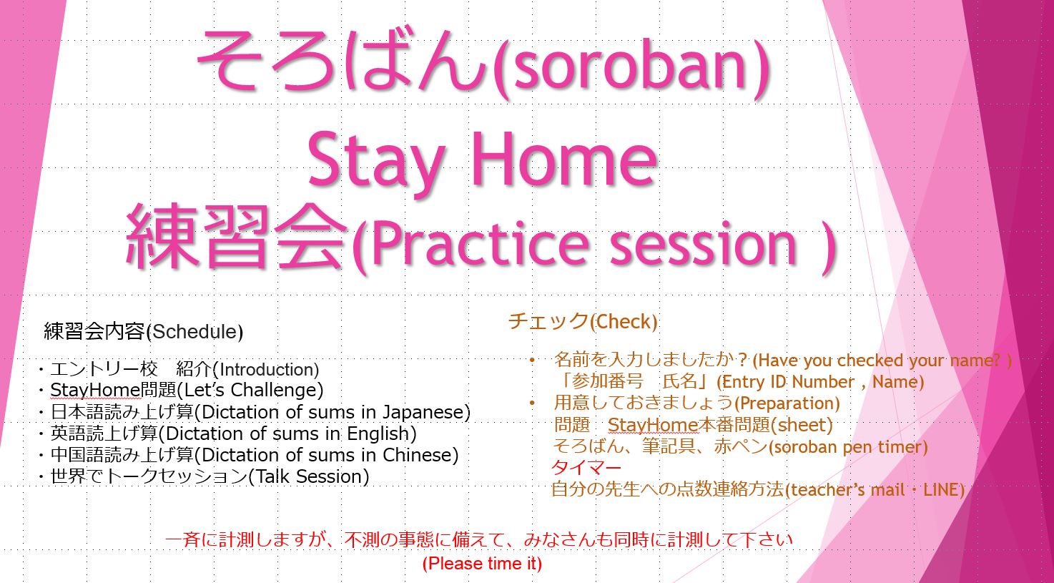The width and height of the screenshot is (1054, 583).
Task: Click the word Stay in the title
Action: click(x=376, y=162)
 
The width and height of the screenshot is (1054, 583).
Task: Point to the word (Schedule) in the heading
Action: click(x=194, y=332)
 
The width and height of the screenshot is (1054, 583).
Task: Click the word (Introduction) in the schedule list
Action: click(x=266, y=370)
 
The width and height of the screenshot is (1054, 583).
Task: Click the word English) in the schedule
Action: click(x=382, y=433)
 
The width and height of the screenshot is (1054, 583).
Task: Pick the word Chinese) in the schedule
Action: click(x=420, y=455)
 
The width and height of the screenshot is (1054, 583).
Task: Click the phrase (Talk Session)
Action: click(x=308, y=476)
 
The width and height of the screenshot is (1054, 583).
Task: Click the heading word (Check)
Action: click(x=624, y=323)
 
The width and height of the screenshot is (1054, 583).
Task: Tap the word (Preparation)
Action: click(x=787, y=403)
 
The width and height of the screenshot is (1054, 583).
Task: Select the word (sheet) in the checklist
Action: click(x=802, y=426)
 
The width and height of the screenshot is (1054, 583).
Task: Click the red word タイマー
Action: click(x=586, y=468)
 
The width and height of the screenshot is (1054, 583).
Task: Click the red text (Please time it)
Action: click(x=482, y=564)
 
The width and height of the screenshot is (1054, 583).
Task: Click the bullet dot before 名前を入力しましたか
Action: click(x=532, y=361)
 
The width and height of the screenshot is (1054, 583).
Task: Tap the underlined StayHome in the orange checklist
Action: click(x=653, y=426)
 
